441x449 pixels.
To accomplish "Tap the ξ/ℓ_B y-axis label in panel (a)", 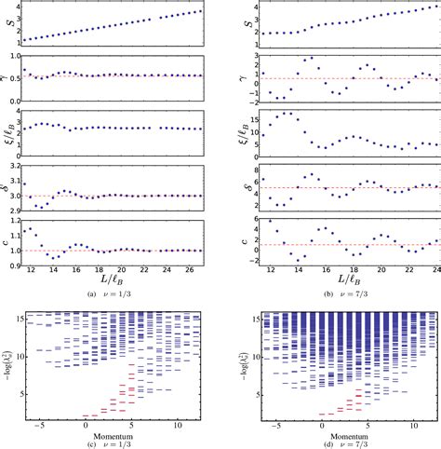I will [11, 137].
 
